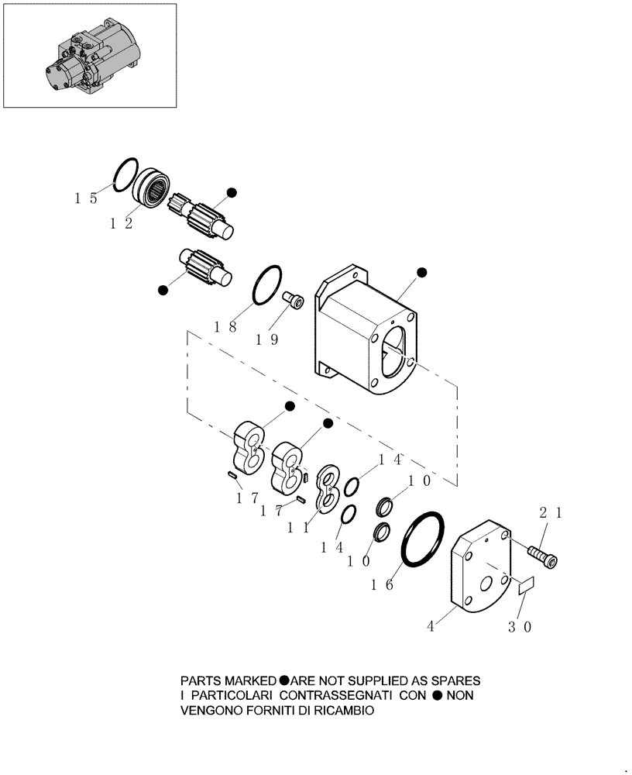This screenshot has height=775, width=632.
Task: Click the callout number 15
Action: click(85, 198)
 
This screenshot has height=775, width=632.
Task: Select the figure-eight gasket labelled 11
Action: click(328, 490)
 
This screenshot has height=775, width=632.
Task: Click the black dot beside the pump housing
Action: click(422, 272)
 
